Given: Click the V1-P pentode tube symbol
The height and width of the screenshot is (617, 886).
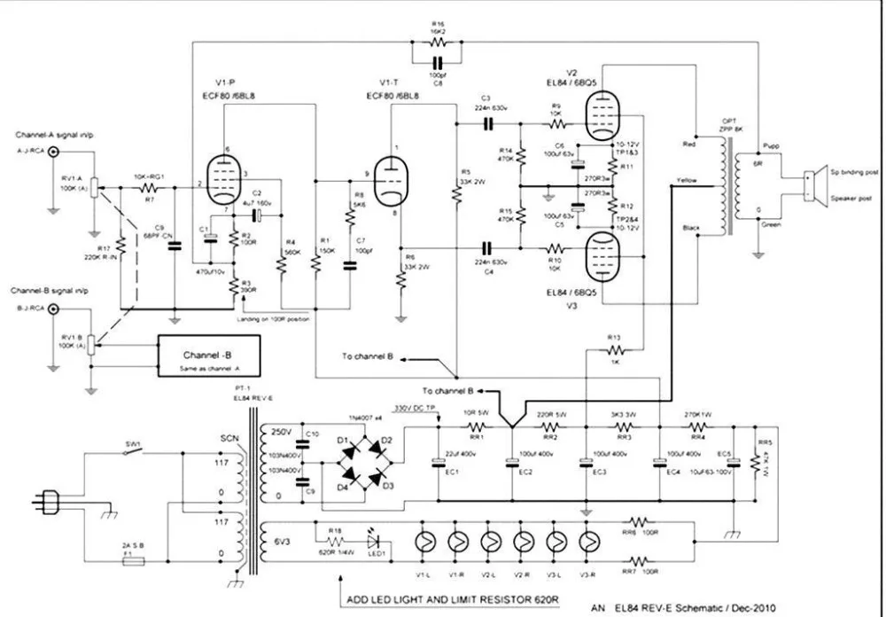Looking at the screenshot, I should pyautogui.click(x=227, y=180).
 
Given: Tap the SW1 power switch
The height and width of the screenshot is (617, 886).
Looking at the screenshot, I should pyautogui.click(x=130, y=453).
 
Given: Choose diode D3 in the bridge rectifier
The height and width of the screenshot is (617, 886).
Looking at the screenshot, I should pyautogui.click(x=376, y=479).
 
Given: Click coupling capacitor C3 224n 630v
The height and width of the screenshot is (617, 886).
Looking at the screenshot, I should pyautogui.click(x=486, y=123).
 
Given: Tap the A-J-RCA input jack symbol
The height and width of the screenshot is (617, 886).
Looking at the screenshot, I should pyautogui.click(x=53, y=152).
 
